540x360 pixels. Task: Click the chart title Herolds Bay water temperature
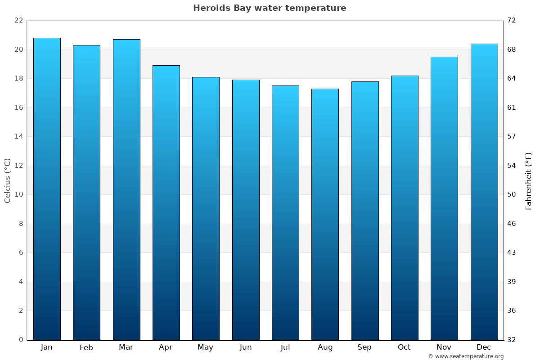click(x=270, y=8)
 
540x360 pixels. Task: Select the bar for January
click(x=47, y=189)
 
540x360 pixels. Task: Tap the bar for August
click(x=325, y=214)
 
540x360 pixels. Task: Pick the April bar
click(x=166, y=202)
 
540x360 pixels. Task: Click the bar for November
click(x=444, y=198)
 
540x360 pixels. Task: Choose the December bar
click(x=484, y=192)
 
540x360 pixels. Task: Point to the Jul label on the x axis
click(x=285, y=347)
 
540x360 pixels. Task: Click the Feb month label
click(x=86, y=347)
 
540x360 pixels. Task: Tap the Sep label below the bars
click(x=364, y=347)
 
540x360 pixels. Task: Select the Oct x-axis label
click(x=404, y=347)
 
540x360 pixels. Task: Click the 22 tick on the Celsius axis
click(x=18, y=21)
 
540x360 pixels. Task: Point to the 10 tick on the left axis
click(x=18, y=195)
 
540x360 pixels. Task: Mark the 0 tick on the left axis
click(x=21, y=340)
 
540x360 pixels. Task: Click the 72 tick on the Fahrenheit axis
click(x=512, y=21)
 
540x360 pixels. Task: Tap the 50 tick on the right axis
click(x=512, y=195)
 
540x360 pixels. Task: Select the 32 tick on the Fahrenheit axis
click(x=512, y=340)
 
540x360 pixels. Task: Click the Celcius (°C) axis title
click(x=7, y=180)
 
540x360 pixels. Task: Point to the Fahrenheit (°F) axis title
click(x=529, y=180)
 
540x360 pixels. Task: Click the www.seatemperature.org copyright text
click(x=466, y=356)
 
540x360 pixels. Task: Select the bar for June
click(x=246, y=210)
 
